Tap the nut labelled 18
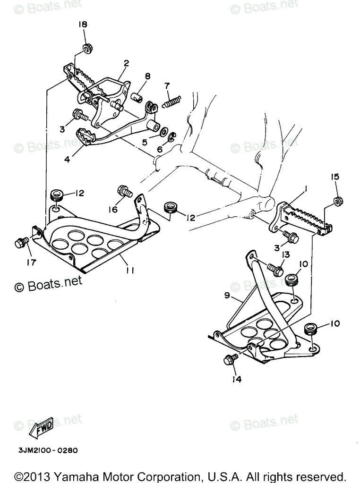coord(87,48)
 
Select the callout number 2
coord(126,63)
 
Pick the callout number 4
coord(67,160)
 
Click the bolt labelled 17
coord(21,242)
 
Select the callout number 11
coord(130,271)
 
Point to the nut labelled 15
coord(338,201)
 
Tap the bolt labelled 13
coord(275,270)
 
